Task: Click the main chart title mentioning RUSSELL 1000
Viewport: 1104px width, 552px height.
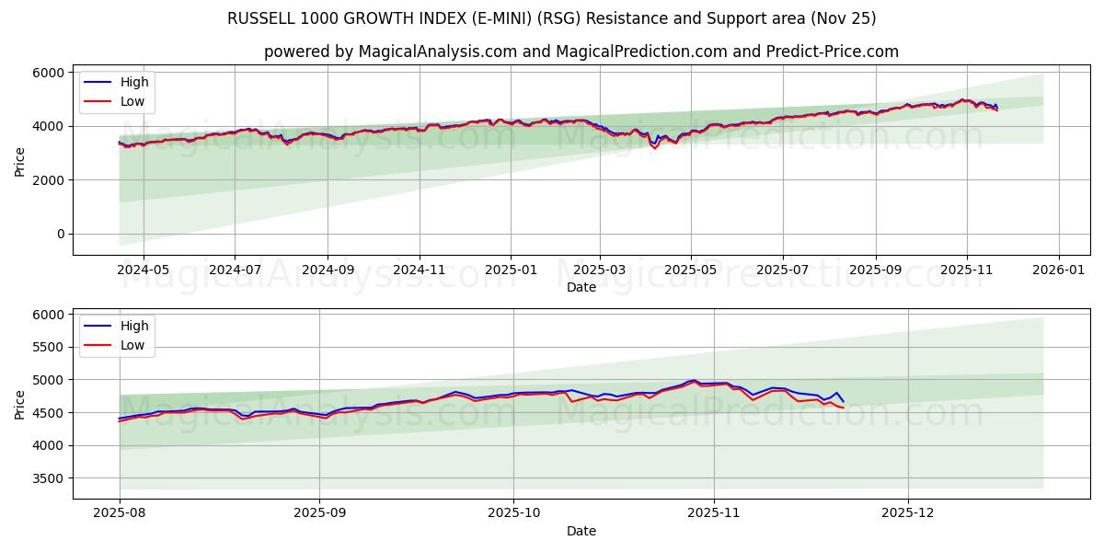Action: (x=552, y=18)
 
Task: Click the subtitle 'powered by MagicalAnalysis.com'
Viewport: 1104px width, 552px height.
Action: (x=581, y=52)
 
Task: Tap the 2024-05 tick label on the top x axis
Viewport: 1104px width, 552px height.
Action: (x=144, y=270)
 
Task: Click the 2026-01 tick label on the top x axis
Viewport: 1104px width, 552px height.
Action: (x=1058, y=270)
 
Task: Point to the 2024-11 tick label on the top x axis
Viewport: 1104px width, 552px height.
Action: (x=420, y=270)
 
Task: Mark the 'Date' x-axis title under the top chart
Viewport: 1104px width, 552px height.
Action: (x=581, y=287)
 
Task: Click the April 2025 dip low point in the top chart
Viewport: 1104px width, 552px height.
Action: (x=655, y=149)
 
